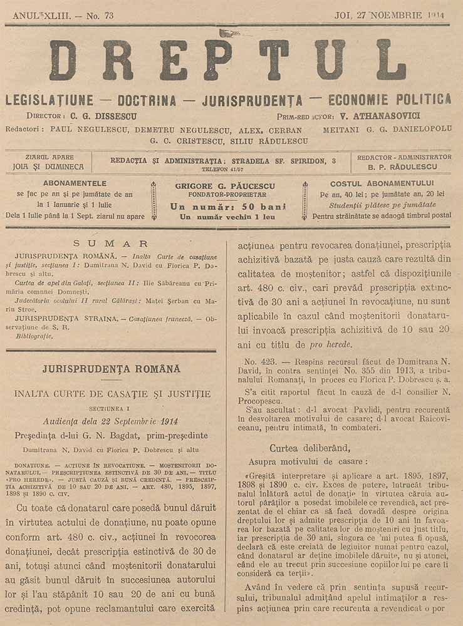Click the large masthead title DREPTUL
click(228, 60)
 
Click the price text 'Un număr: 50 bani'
click(227, 207)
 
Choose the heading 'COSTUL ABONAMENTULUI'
click(381, 183)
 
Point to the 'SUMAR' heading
click(110, 244)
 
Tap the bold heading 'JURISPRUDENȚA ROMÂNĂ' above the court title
click(111, 369)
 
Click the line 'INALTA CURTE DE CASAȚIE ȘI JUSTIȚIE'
click(112, 394)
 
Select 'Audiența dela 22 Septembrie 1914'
click(110, 421)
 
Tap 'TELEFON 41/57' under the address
click(222, 170)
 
